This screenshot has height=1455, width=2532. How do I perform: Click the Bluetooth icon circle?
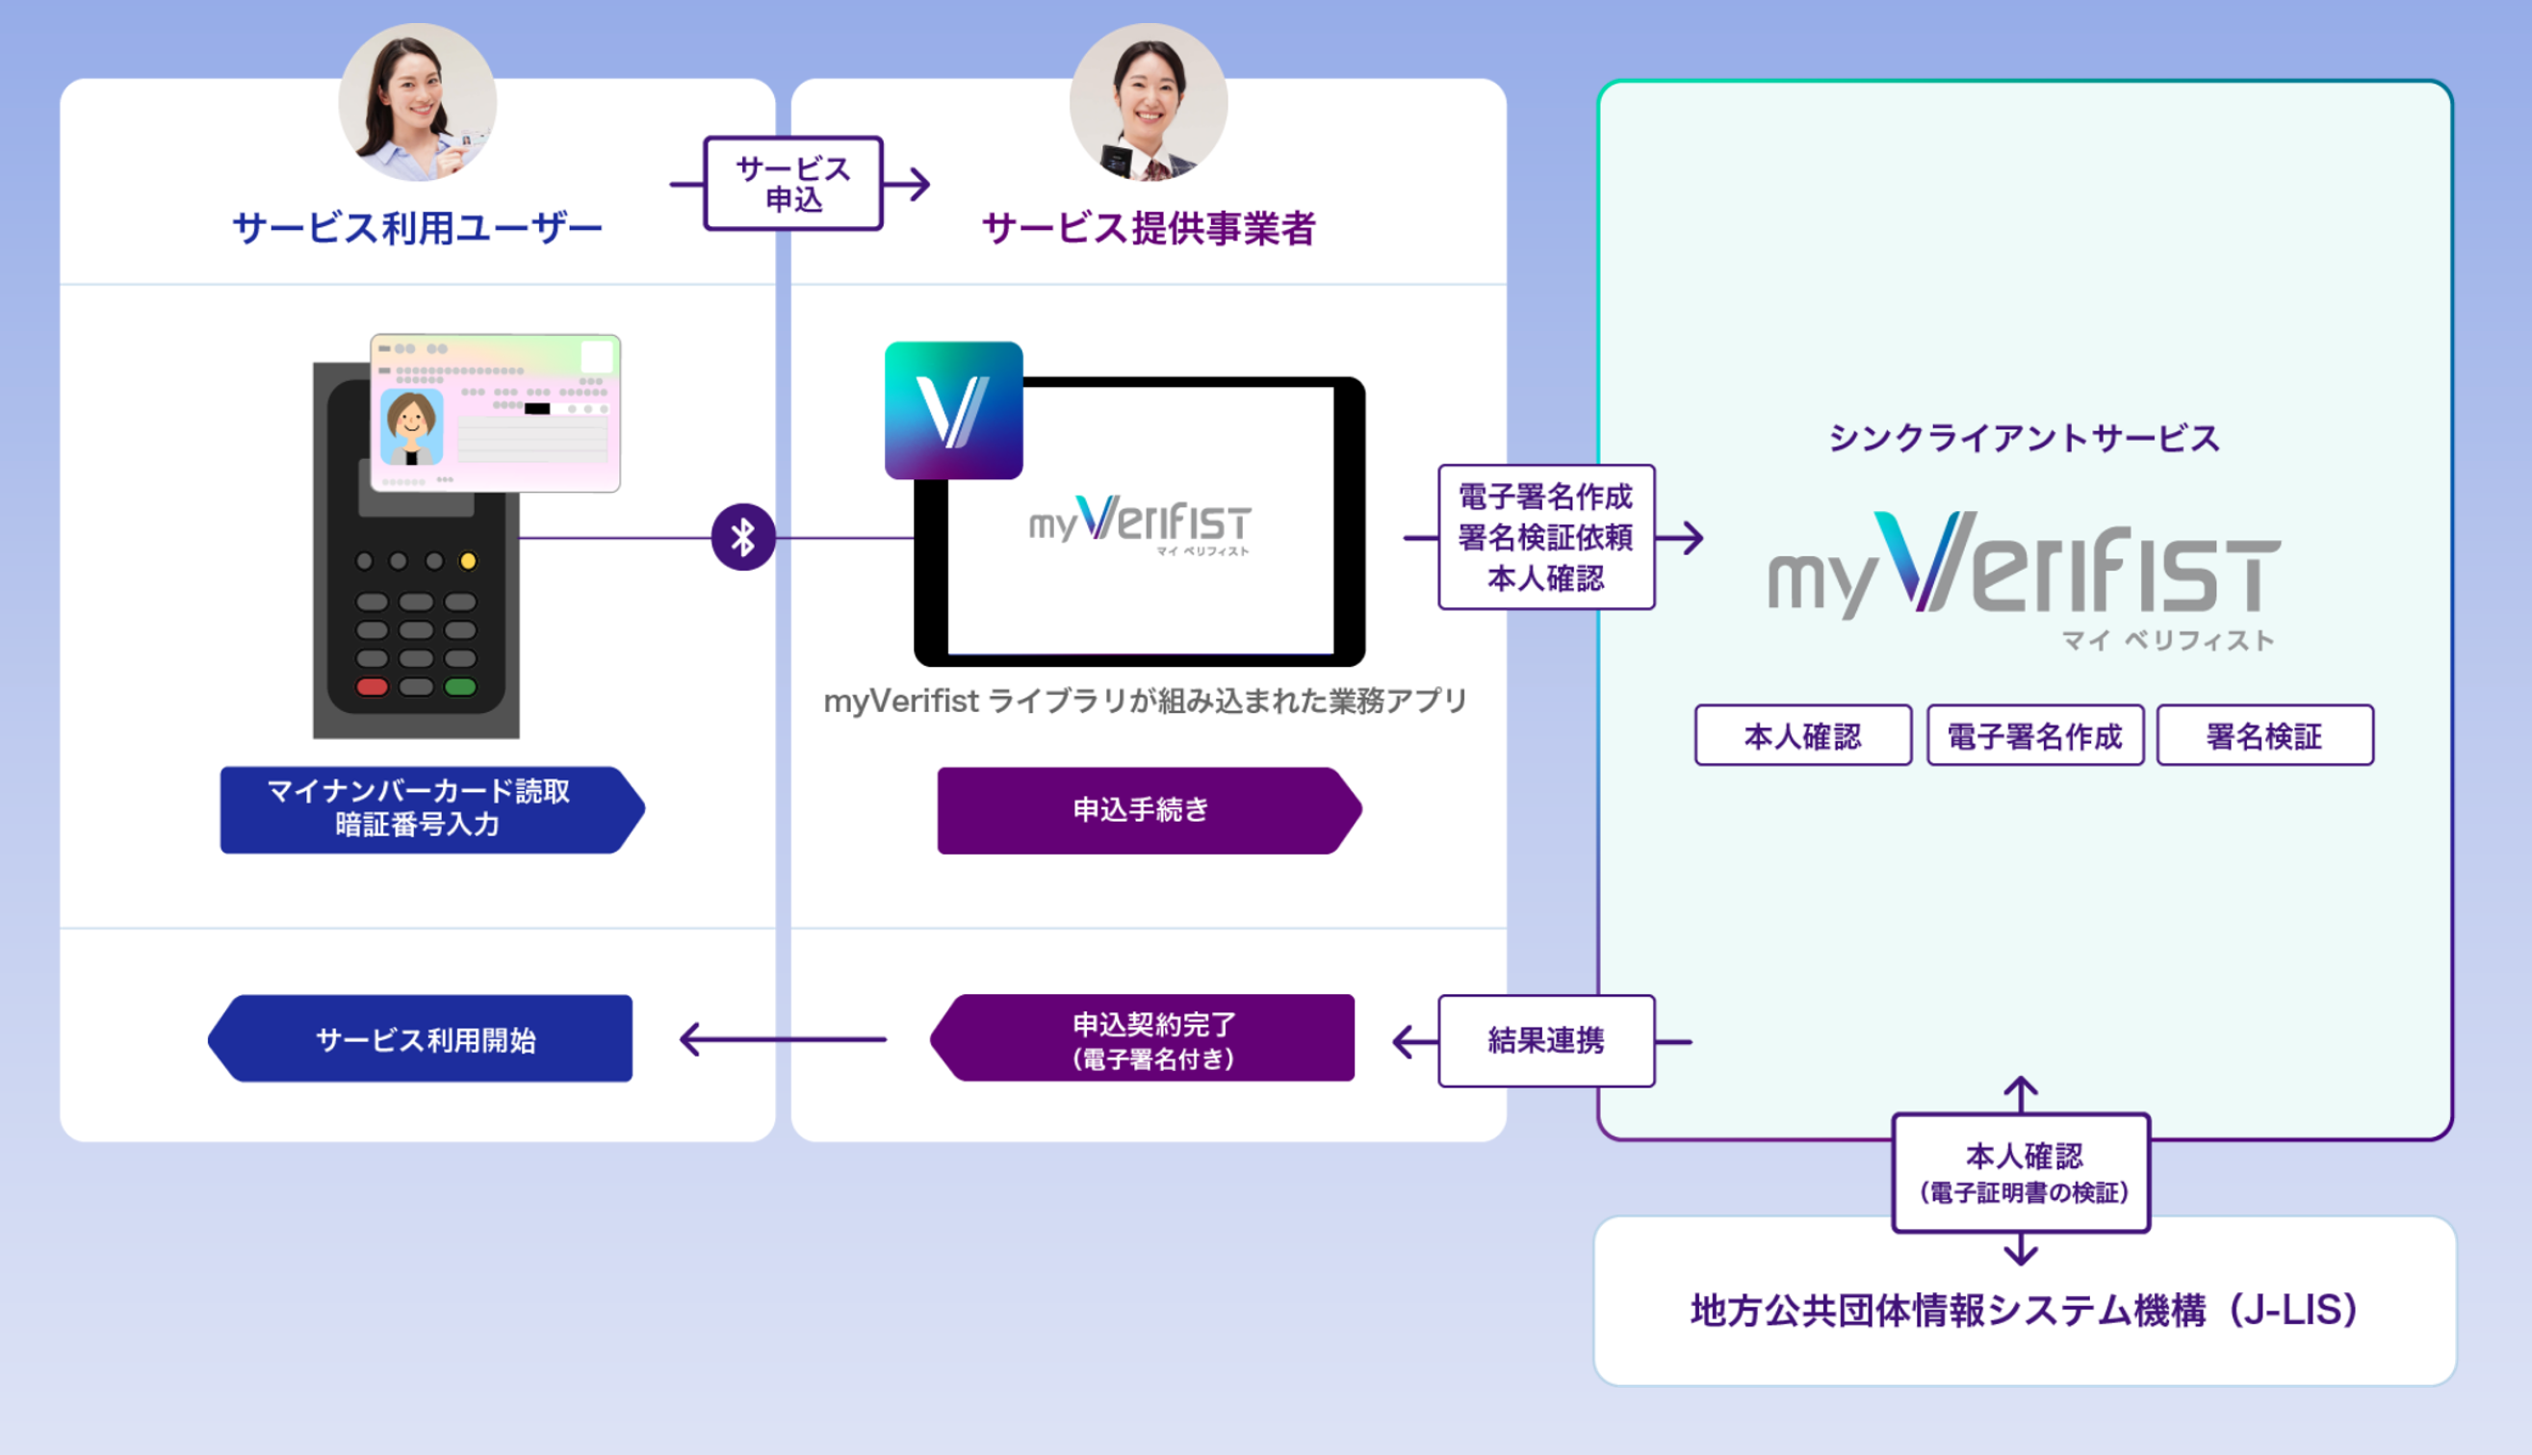[x=742, y=538]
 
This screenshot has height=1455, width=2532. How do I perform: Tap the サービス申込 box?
[x=793, y=184]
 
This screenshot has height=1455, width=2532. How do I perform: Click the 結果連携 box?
[x=1545, y=1041]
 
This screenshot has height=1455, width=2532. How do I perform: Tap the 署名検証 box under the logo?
[x=2264, y=736]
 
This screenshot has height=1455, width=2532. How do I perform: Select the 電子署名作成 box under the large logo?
[x=2034, y=736]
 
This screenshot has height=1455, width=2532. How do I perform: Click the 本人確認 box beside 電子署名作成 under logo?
[x=1802, y=736]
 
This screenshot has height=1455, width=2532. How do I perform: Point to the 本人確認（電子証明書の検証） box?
[x=2021, y=1173]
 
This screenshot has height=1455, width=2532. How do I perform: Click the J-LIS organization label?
[x=2025, y=1310]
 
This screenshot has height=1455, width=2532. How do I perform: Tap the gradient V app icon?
[x=954, y=411]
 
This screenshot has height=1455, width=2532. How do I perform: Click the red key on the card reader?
[x=372, y=686]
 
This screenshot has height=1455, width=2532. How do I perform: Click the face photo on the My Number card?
[x=412, y=427]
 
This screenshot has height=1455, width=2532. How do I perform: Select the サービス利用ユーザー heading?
[x=417, y=229]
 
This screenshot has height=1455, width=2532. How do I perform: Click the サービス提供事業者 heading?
[x=1149, y=229]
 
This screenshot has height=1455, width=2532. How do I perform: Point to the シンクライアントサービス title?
[x=2025, y=439]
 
